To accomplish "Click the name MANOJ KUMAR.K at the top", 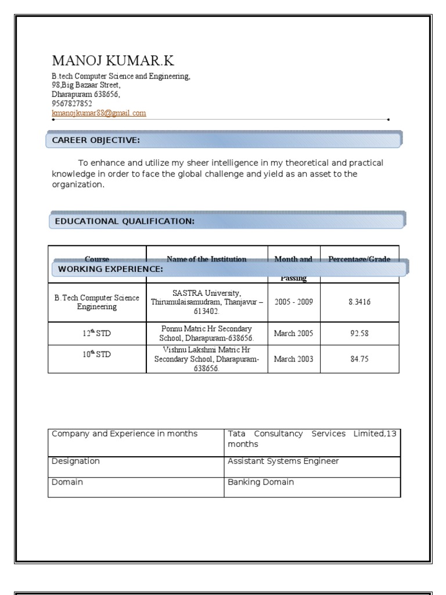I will coord(113,61).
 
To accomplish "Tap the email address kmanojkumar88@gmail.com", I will coord(99,113).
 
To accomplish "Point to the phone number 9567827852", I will coord(72,103).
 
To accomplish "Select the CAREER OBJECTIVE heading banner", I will coord(224,140).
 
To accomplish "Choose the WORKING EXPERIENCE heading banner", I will coord(229,269).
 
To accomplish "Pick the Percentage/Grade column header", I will coord(359,259).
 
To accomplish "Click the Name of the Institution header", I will coord(206,259).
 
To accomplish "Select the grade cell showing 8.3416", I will coord(359,302).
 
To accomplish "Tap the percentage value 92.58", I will coord(359,334).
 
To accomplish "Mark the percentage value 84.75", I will coord(359,359).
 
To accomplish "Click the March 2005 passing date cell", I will coord(293,334).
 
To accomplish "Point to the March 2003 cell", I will coord(293,359).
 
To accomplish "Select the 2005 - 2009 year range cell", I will coord(293,302).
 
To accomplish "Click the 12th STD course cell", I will coord(96,334).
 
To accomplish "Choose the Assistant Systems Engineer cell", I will coord(283,461).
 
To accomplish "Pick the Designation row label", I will coord(75,461).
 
